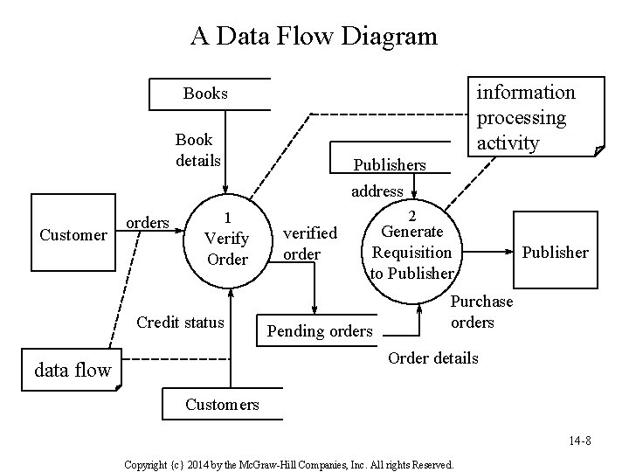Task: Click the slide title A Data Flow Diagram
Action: tap(314, 36)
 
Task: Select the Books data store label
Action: tap(205, 94)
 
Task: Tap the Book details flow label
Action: tap(197, 150)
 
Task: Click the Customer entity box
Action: tap(73, 234)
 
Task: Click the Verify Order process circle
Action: tap(226, 238)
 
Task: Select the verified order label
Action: tap(309, 243)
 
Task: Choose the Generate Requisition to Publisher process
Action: tap(412, 244)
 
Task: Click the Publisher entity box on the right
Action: tap(555, 252)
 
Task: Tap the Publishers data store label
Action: tap(389, 164)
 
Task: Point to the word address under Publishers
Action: tap(377, 191)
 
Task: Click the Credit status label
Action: tap(180, 322)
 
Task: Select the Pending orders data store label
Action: tap(320, 331)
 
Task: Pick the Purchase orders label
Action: tap(481, 311)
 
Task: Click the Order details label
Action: tap(432, 357)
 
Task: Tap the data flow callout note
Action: tap(73, 370)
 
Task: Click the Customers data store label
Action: tap(222, 404)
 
